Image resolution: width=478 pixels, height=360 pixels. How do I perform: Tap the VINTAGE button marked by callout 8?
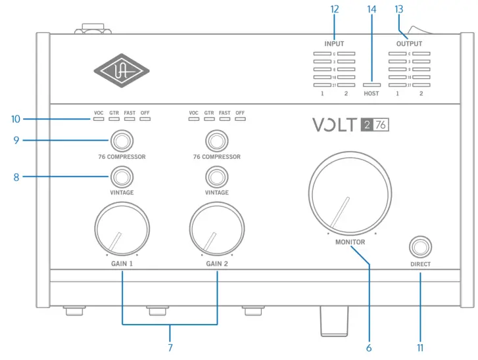click(122, 176)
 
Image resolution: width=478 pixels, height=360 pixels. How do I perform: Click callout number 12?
click(334, 9)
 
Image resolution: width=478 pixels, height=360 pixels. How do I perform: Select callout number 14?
click(371, 9)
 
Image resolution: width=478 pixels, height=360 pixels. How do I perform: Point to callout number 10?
click(16, 120)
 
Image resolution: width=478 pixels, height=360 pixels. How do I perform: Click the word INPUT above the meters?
click(334, 43)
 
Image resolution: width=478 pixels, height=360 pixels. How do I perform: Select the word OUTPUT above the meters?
click(409, 43)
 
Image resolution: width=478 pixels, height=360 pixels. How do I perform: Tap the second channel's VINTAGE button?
click(216, 176)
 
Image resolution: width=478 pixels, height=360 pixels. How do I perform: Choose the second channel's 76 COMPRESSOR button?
click(216, 140)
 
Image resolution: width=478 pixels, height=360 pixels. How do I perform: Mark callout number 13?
click(398, 9)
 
